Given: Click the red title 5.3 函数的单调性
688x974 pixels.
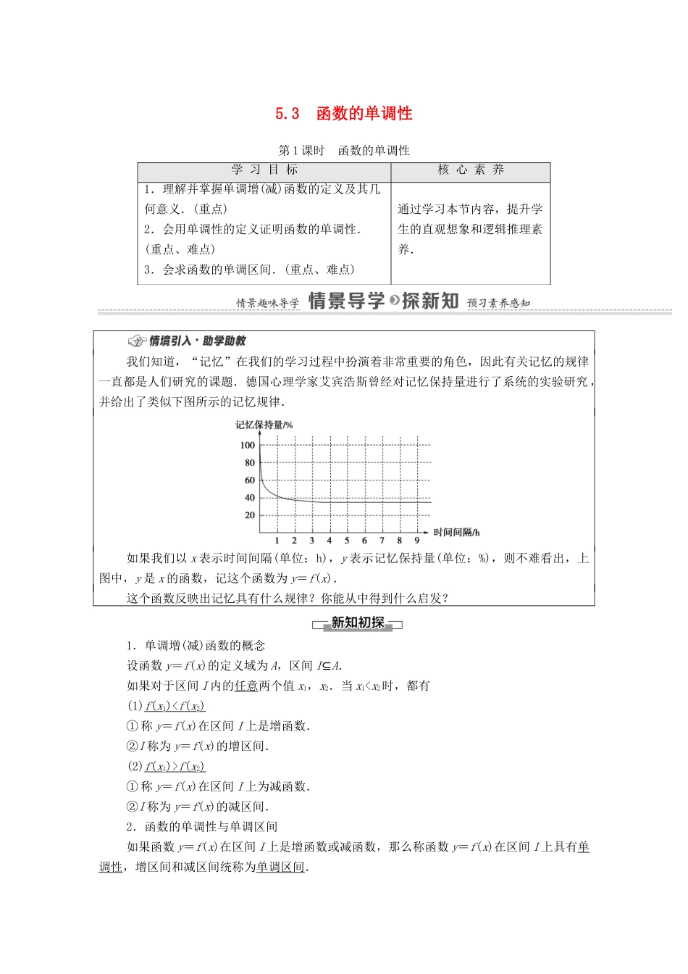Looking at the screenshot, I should (343, 114).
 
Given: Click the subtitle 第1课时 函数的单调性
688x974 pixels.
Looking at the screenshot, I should (344, 151).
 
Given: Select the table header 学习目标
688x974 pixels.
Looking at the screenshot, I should (264, 170).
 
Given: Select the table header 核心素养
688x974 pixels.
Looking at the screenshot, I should (471, 170).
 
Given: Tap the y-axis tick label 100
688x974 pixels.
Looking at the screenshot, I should (248, 445).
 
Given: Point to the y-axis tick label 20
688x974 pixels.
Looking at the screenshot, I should (250, 515).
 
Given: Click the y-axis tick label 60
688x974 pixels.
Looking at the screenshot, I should (250, 480).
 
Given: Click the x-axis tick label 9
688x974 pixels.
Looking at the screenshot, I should (417, 541).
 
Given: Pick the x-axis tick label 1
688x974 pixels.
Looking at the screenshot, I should (277, 541).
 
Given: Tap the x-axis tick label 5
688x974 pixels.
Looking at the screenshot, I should (347, 541).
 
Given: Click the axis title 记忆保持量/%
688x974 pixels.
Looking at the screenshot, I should (264, 425).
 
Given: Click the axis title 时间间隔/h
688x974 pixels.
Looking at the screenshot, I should (456, 533).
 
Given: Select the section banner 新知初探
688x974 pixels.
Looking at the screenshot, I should (358, 623).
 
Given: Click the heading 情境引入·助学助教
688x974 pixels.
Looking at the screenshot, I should (197, 341).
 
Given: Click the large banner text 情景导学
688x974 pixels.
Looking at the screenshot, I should (346, 301).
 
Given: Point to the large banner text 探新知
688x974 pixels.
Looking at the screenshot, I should (430, 301).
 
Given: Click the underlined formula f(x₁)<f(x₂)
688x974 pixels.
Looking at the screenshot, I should (175, 707).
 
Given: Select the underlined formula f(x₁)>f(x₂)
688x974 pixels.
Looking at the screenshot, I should (175, 767).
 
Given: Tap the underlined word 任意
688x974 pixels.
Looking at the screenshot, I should (246, 686).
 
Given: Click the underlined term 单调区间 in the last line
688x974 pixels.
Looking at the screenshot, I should (280, 867).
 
